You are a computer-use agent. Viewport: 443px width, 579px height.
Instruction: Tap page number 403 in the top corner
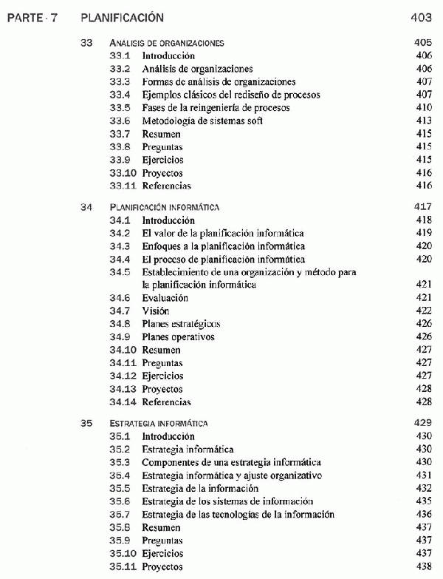coord(419,17)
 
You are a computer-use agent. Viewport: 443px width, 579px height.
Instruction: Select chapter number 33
coord(86,43)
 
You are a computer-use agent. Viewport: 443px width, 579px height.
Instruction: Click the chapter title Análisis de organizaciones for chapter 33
coord(167,43)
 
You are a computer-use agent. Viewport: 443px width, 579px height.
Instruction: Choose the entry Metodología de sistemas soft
coord(203,121)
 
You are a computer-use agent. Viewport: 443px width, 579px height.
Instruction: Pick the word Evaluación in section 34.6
coord(166,298)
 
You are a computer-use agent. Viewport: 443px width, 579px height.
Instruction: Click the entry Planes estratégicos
coord(181,324)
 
